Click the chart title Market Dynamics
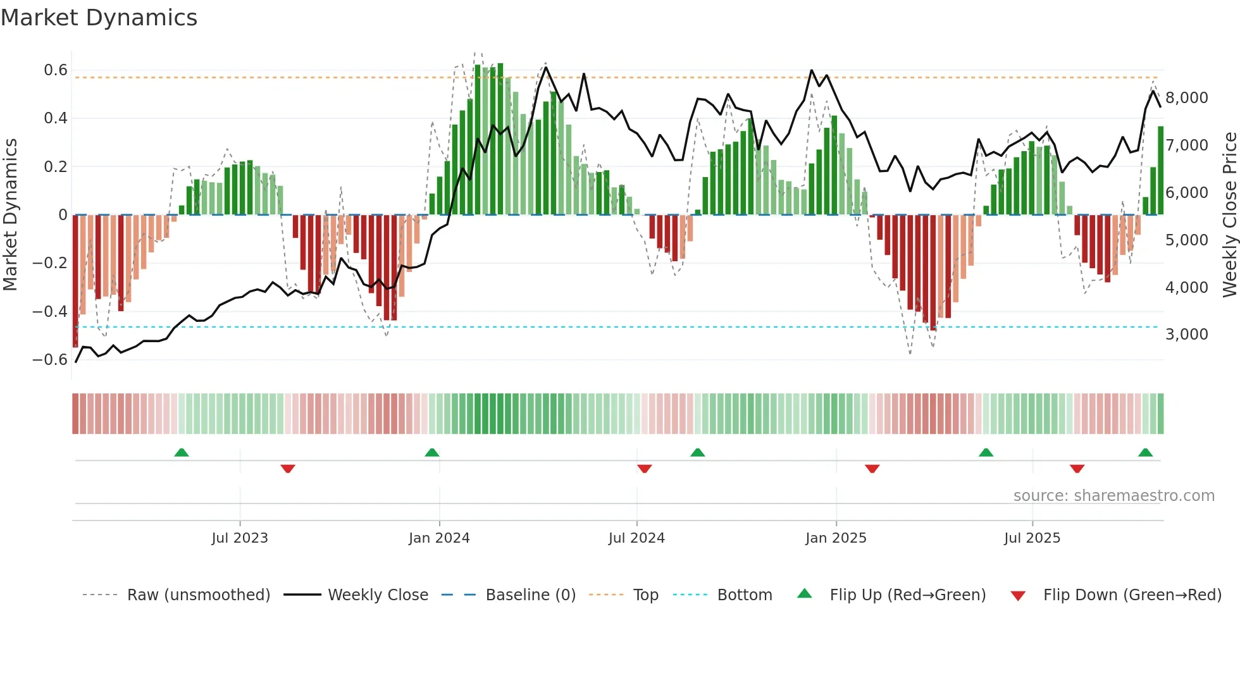(x=99, y=18)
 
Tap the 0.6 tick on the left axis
(x=56, y=70)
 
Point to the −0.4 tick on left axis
(x=50, y=311)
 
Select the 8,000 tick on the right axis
(x=1186, y=98)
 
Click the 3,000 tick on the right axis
(x=1186, y=335)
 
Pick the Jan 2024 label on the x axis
(x=439, y=538)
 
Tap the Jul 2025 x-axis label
(x=1032, y=538)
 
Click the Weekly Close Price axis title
(x=1229, y=214)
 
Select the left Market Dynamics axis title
(x=10, y=214)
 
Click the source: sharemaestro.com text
(x=1113, y=496)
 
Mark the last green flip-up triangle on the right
(x=1145, y=453)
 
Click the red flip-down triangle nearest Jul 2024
(x=645, y=469)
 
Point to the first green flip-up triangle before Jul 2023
(x=182, y=453)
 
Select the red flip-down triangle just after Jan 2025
(x=872, y=469)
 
